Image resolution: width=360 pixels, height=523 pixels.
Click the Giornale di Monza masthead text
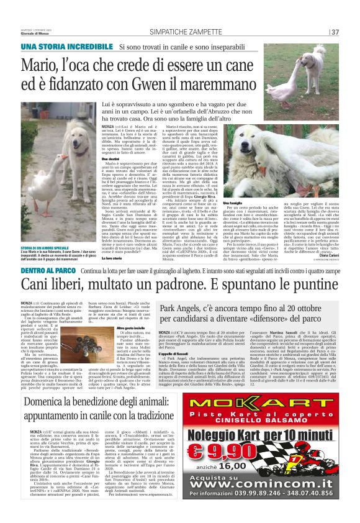(x=36, y=33)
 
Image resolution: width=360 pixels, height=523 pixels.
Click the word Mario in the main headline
(x=39, y=64)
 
